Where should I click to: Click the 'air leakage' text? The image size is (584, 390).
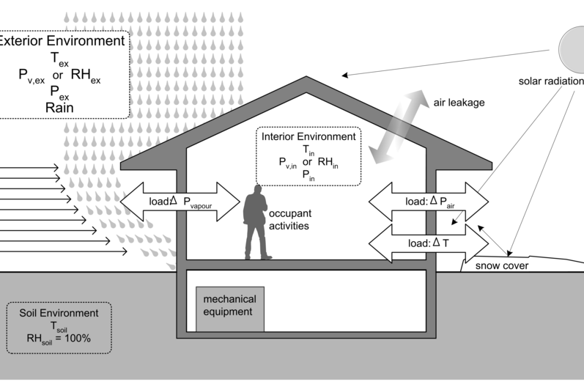pyautogui.click(x=458, y=103)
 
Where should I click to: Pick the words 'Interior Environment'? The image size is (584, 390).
pyautogui.click(x=308, y=136)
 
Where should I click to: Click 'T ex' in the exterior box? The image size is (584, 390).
pyautogui.click(x=61, y=58)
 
